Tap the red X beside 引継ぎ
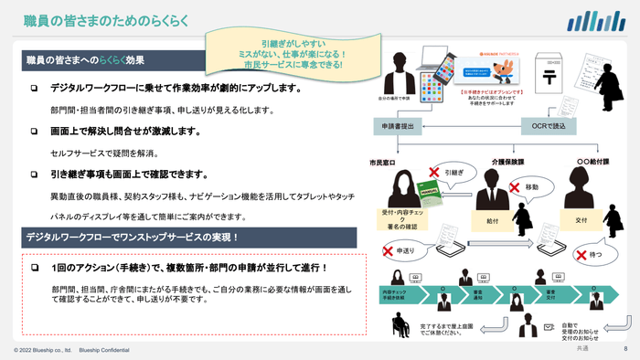point(434,171)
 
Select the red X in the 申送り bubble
point(389,248)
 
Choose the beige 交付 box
point(581,219)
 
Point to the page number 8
point(625,349)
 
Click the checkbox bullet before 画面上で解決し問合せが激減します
point(34,132)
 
